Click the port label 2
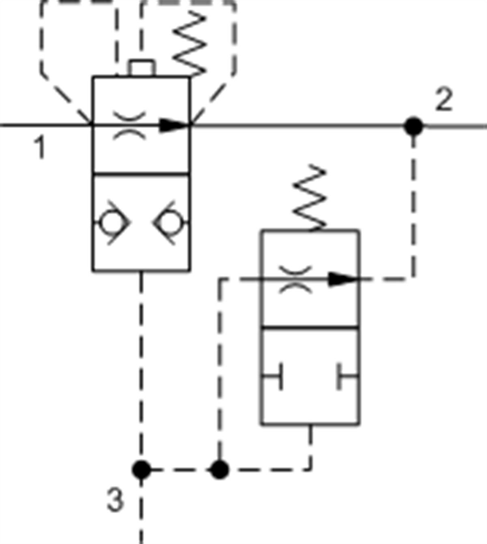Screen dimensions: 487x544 (444, 99)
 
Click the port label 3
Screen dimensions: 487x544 (115, 499)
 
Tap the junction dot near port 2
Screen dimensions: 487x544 (413, 126)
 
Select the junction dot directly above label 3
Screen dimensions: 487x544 (141, 470)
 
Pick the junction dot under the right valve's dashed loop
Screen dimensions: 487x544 (220, 470)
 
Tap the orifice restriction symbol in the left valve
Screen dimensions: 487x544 (130, 126)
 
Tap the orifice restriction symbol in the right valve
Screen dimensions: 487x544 (295, 280)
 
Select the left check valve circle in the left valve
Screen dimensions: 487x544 (111, 223)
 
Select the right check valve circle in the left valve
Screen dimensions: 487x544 (172, 223)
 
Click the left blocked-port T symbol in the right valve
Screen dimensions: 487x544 (272, 377)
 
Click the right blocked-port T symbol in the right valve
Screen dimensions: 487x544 (347, 377)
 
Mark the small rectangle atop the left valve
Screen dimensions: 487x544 (142, 68)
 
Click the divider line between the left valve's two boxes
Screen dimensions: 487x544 (141, 175)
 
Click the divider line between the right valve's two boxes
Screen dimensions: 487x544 (310, 327)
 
